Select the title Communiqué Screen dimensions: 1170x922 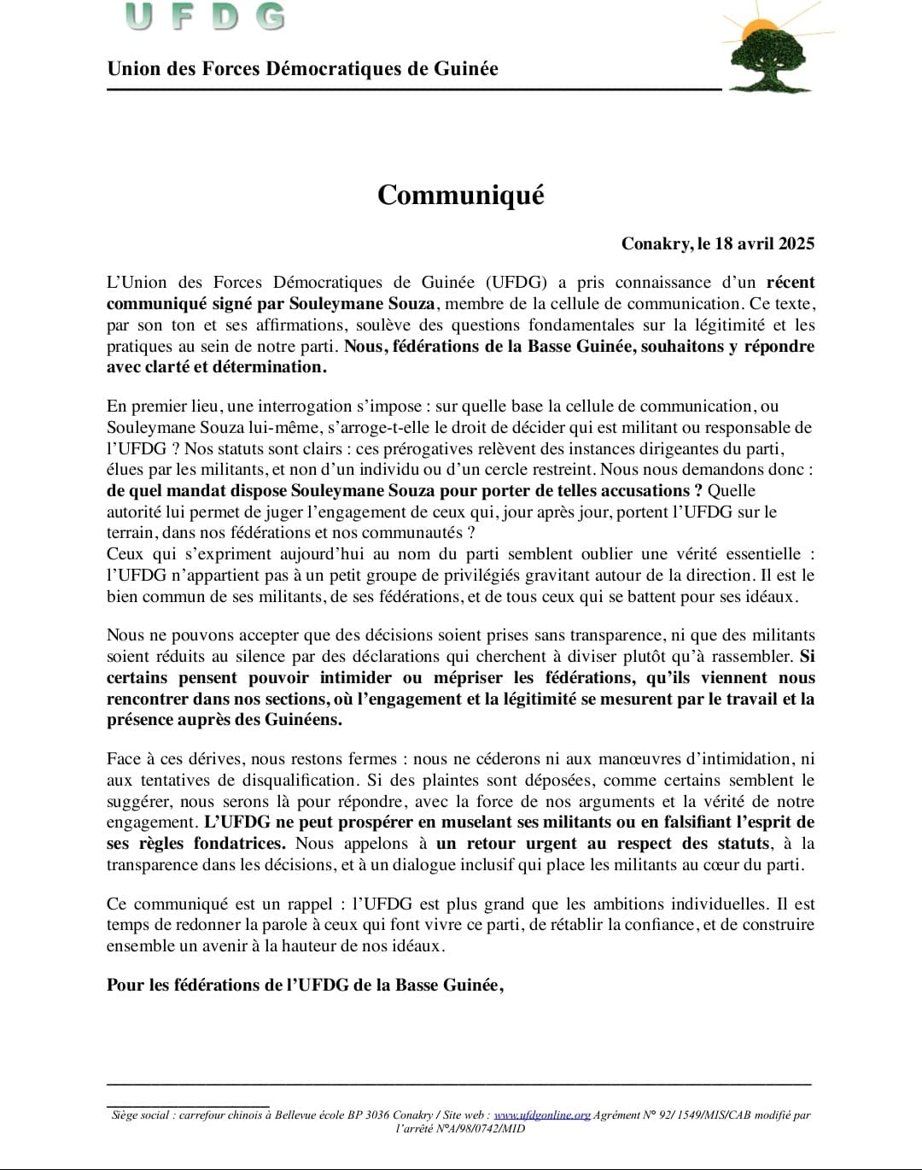point(460,195)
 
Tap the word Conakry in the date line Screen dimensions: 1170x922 point(656,243)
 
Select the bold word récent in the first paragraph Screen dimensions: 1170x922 point(791,283)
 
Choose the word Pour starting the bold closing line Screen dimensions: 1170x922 point(125,985)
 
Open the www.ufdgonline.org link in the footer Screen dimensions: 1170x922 point(542,1115)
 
